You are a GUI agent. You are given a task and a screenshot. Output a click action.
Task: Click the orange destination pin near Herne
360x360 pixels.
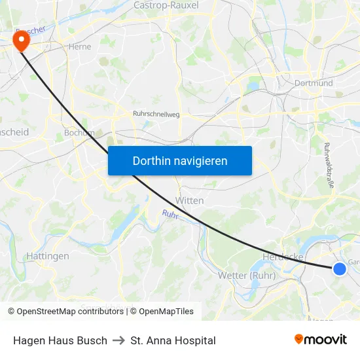pyautogui.click(x=21, y=41)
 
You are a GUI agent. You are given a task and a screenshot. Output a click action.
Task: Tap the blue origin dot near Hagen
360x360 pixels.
pyautogui.click(x=339, y=268)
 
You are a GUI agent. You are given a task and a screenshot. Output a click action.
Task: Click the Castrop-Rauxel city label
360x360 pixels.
pyautogui.click(x=166, y=5)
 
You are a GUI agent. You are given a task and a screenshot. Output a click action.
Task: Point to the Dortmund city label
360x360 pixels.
pyautogui.click(x=314, y=83)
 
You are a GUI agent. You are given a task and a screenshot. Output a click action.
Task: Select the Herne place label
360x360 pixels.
pyautogui.click(x=79, y=47)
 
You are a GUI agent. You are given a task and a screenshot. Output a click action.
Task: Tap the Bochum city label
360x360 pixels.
pyautogui.click(x=79, y=132)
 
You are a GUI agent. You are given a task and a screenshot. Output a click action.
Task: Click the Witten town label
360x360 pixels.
pyautogui.click(x=190, y=200)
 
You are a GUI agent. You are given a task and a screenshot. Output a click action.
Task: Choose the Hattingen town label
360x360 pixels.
pyautogui.click(x=47, y=256)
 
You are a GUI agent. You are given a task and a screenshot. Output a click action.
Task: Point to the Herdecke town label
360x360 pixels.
pyautogui.click(x=282, y=257)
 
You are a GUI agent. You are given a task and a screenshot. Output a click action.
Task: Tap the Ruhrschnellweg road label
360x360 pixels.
pyautogui.click(x=156, y=114)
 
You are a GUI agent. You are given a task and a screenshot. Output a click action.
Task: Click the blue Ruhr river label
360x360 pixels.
pyautogui.click(x=170, y=213)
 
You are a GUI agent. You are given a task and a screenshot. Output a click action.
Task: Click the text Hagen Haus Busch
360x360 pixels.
pyautogui.click(x=60, y=340)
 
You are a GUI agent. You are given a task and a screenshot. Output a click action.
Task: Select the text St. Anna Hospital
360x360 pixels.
pyautogui.click(x=173, y=340)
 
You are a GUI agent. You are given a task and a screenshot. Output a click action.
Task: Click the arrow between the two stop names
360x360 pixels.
pyautogui.click(x=118, y=340)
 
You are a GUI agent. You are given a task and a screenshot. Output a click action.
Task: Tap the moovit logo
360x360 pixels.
pyautogui.click(x=320, y=339)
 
